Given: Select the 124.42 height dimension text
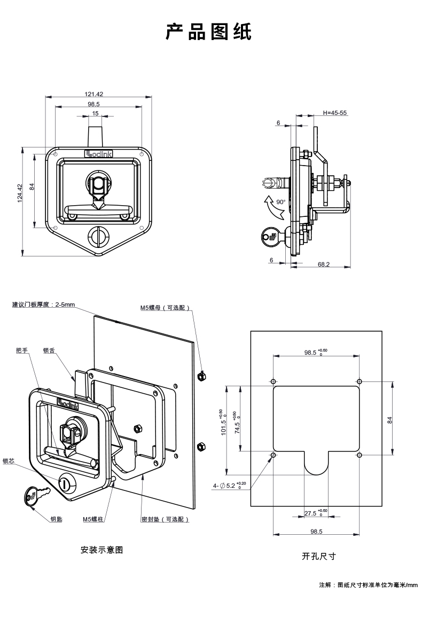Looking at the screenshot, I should point(20,193).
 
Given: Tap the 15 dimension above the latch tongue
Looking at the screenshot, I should point(95,113).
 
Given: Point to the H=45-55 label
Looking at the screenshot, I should point(334,113).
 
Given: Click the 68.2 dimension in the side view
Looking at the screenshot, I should point(323,264).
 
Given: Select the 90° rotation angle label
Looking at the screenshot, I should point(281,202).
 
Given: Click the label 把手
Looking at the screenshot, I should point(22,350).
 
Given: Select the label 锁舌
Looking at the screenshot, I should point(49,350).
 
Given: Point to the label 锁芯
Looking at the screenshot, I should point(9,461).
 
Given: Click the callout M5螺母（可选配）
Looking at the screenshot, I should point(165,308).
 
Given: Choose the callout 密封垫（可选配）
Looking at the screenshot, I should point(165,519).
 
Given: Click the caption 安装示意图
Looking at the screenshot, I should point(101,550).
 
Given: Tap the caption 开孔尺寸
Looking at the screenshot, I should point(318,556).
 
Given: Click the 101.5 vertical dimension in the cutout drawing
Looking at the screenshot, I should point(223,422).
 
